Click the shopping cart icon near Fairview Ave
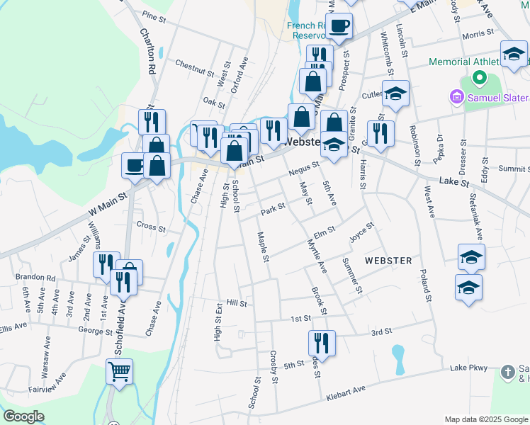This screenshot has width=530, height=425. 119,371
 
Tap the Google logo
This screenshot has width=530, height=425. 23,416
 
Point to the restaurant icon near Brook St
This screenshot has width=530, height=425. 321,344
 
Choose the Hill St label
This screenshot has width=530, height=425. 236,302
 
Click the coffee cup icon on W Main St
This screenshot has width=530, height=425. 134,166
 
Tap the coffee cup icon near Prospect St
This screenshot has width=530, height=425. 339,25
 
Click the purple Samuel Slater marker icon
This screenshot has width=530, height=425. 456,96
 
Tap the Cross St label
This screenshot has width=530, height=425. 150,228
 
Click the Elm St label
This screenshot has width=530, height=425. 324,231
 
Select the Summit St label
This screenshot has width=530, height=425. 514,169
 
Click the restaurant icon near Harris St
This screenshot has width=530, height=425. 380,133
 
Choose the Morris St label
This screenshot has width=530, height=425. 477,34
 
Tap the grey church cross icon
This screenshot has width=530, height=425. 507,372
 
